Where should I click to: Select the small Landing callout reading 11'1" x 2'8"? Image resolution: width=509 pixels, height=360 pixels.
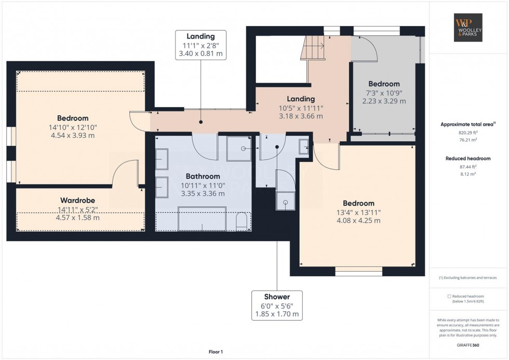[x=201, y=45]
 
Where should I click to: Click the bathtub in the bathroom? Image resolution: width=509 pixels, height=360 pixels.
[x=202, y=219]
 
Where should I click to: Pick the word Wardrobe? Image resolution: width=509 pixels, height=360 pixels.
[x=78, y=200]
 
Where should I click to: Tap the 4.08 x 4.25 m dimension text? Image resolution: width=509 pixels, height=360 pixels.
[x=358, y=220]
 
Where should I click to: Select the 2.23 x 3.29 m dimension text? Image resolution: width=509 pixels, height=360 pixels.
[x=384, y=101]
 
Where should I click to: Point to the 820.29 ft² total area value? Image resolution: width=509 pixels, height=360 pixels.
[x=469, y=132]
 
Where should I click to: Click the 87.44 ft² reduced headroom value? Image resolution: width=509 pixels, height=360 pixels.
[x=469, y=167]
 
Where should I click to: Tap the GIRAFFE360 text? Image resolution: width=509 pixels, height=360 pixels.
[x=469, y=345]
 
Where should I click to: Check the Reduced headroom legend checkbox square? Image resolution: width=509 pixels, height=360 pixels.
[x=449, y=296]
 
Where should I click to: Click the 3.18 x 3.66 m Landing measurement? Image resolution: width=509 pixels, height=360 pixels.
[x=301, y=116]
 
